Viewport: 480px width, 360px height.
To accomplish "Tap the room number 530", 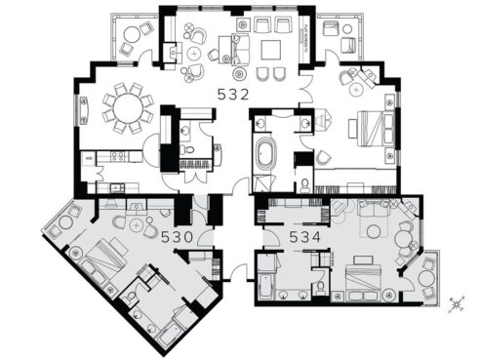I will point(177,235).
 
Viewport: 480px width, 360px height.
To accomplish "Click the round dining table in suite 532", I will point(128,108).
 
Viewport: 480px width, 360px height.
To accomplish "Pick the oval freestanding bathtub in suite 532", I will point(265,155).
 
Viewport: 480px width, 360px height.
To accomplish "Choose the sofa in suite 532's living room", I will point(237,44).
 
